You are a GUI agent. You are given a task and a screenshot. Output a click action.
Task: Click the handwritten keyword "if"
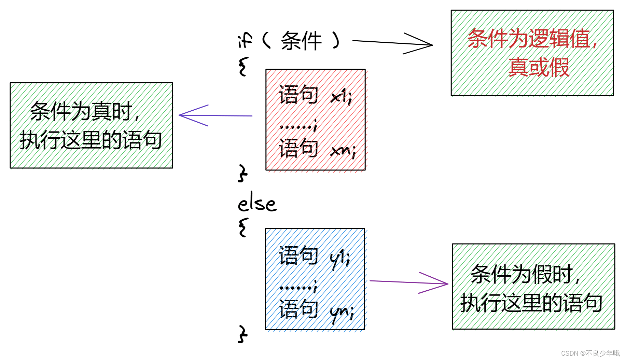click(245, 40)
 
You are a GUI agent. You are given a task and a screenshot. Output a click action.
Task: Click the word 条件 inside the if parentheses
click(301, 41)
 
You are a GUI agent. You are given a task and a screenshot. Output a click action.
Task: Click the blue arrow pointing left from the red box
click(215, 115)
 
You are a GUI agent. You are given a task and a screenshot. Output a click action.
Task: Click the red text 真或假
click(539, 67)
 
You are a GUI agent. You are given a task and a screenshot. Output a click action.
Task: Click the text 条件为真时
click(81, 111)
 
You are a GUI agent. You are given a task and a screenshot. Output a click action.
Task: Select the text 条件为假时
click(521, 274)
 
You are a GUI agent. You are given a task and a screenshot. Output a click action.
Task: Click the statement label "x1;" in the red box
click(341, 97)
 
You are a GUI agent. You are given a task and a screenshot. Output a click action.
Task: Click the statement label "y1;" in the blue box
click(340, 259)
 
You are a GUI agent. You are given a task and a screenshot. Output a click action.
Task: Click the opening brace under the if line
click(243, 66)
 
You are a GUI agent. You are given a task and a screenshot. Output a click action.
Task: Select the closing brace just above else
click(242, 173)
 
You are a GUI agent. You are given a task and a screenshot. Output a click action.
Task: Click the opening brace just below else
click(243, 227)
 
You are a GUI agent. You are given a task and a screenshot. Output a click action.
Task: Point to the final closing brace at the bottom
click(242, 334)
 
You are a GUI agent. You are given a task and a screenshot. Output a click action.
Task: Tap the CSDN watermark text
click(590, 353)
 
